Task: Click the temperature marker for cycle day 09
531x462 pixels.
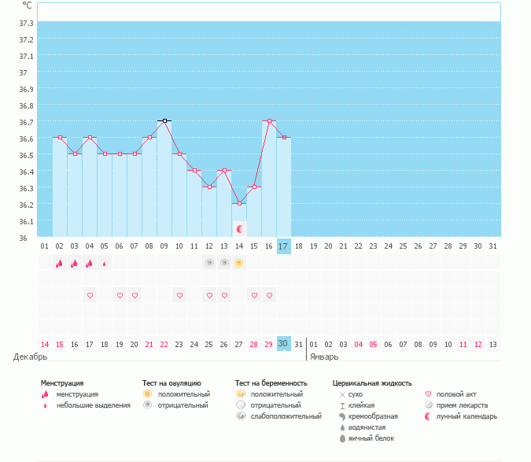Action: tap(164, 120)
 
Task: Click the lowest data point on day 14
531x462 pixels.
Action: tap(239, 203)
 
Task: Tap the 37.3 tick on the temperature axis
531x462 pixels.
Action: tap(26, 23)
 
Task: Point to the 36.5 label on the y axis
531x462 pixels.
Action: tap(26, 155)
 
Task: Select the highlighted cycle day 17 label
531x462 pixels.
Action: tap(284, 246)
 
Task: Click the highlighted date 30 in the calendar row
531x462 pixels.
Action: tap(284, 344)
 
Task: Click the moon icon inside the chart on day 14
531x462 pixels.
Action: tap(241, 229)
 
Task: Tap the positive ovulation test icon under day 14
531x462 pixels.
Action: tap(239, 263)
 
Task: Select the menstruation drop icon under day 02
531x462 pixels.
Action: tap(60, 263)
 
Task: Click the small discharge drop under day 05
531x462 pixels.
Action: tap(105, 264)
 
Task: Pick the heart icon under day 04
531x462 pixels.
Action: tap(90, 295)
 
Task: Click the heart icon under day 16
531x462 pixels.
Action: tap(269, 295)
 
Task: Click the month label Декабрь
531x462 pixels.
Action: tap(31, 357)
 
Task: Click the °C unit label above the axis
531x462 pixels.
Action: tap(28, 5)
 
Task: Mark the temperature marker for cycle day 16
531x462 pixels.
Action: tap(269, 120)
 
